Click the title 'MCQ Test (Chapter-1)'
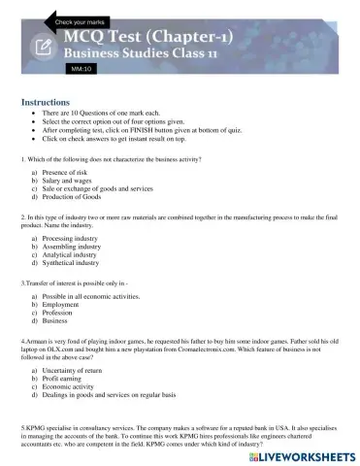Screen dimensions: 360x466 (141, 38)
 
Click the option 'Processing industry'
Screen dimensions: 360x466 (73, 237)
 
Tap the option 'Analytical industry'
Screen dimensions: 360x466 (73, 254)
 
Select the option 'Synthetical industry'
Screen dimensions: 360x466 (74, 263)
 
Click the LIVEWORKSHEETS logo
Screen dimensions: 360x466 (302, 452)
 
